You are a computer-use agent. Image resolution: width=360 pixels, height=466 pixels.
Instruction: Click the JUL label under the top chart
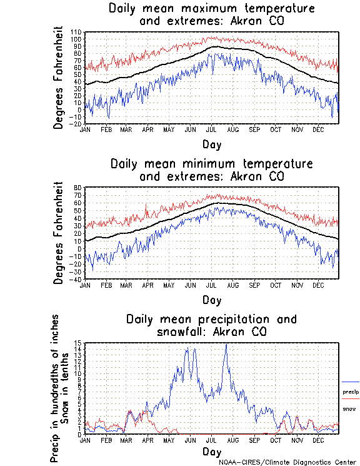(211, 129)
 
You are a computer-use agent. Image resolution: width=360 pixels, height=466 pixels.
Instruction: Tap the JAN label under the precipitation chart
(85, 440)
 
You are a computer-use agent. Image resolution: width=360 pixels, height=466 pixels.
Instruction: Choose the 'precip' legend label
(351, 392)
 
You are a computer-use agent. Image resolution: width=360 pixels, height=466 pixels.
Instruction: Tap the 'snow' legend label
(349, 408)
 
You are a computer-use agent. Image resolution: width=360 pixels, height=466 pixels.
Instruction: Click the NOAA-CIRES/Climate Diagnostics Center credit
(287, 462)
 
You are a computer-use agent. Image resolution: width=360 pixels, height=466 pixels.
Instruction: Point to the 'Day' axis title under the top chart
(211, 144)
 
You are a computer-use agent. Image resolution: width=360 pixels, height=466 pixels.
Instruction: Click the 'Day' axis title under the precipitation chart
(211, 452)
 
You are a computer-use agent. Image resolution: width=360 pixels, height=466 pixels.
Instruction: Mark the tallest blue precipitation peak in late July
(226, 344)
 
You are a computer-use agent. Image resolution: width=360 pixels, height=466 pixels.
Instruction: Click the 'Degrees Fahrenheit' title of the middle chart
(59, 233)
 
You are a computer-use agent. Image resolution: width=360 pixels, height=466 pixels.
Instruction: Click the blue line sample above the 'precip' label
(351, 382)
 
